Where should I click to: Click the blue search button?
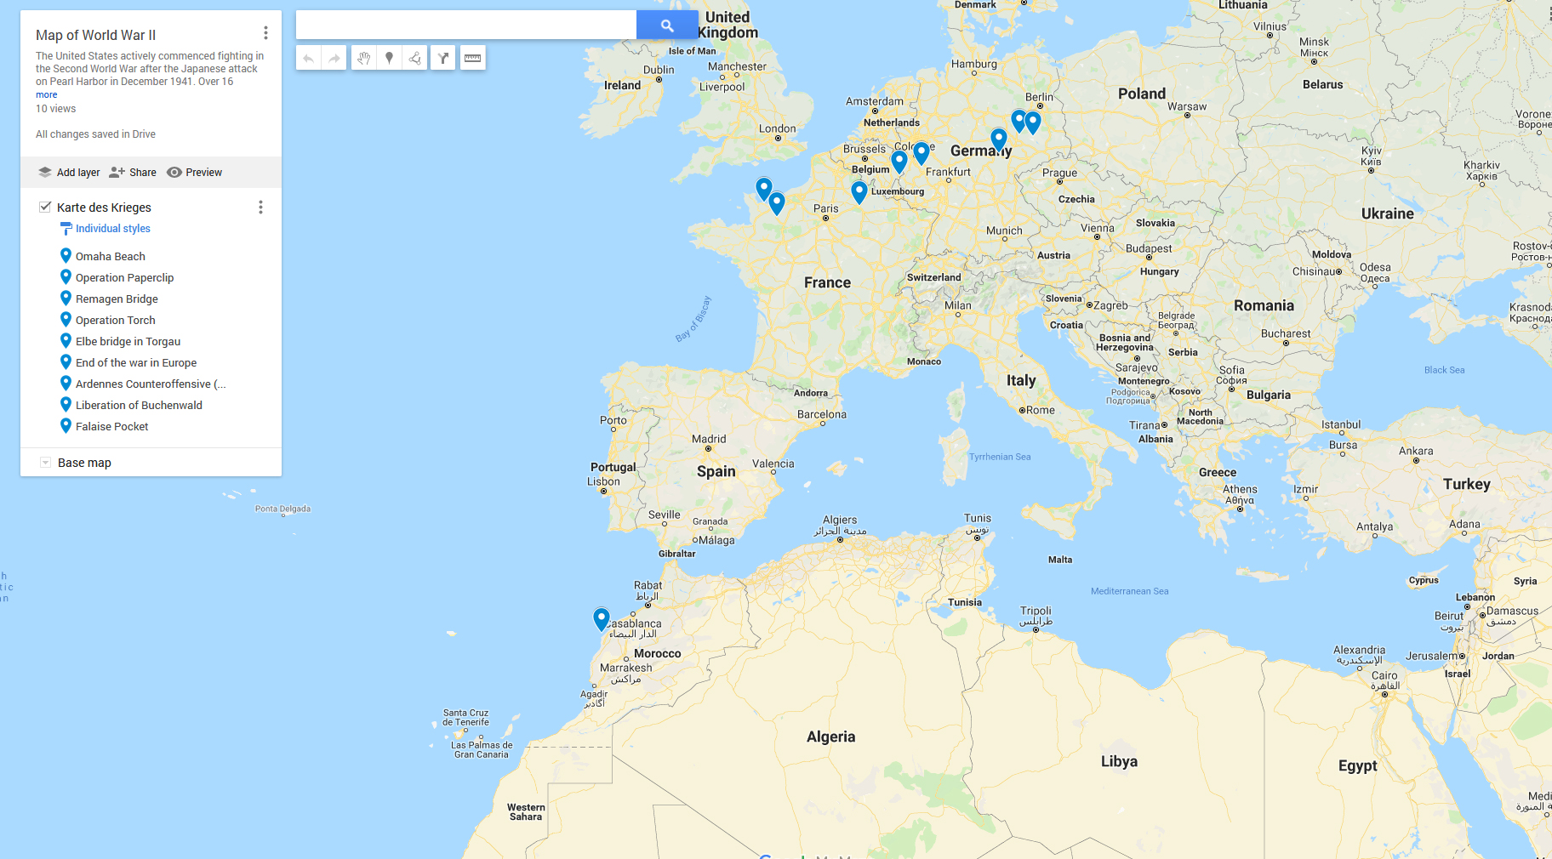coord(667,26)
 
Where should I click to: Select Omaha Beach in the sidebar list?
coord(110,256)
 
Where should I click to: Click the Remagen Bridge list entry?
coord(117,299)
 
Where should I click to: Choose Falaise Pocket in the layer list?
coord(111,426)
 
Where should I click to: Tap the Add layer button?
coord(69,172)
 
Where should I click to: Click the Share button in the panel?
coord(133,172)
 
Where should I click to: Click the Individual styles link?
coord(112,228)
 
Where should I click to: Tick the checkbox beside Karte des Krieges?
coord(45,207)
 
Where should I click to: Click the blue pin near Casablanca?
coord(602,617)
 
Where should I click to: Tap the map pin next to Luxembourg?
coord(859,191)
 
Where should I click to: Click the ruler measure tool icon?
coord(472,58)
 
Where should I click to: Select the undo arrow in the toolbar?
coord(309,58)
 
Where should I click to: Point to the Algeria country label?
coord(830,737)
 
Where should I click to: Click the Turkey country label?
coord(1466,484)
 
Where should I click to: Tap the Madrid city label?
coord(709,439)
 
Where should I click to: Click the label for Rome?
coord(1040,410)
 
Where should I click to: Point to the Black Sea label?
coord(1444,370)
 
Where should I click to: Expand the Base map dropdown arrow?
coord(45,463)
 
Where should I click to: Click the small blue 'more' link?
coord(46,94)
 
